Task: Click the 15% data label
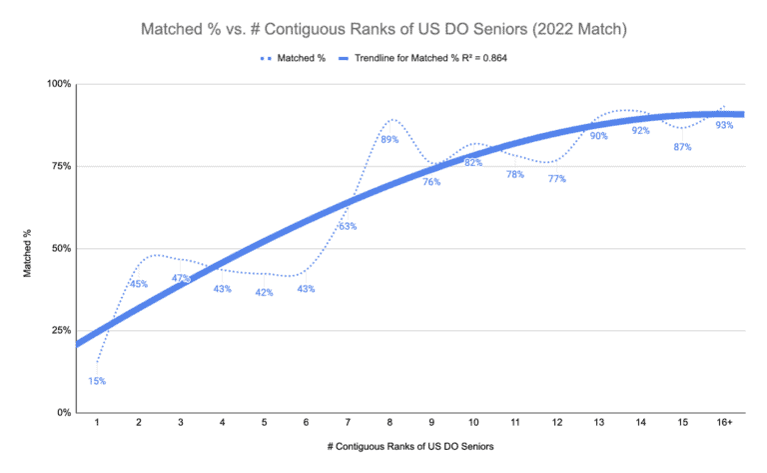(97, 381)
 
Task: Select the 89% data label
(389, 140)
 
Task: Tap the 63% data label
(348, 226)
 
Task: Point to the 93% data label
(724, 125)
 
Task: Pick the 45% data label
(139, 284)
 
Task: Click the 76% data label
(431, 182)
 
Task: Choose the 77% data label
(556, 179)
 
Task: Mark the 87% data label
(682, 147)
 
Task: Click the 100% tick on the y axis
(58, 84)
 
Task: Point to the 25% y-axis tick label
(60, 331)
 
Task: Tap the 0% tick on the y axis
(62, 413)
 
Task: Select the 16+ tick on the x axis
(724, 424)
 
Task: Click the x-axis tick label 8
(389, 424)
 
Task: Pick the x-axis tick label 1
(97, 424)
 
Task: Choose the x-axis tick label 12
(556, 424)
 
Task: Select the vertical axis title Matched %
(28, 248)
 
